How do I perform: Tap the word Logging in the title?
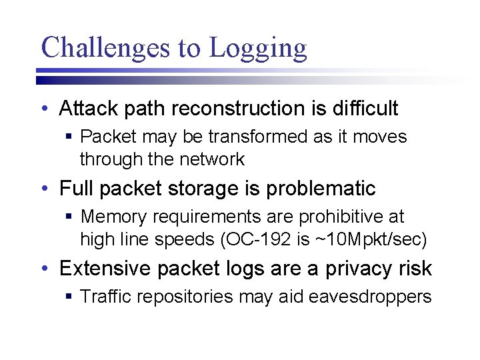pos(257,49)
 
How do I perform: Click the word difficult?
pos(359,108)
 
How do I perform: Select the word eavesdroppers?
pos(371,297)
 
